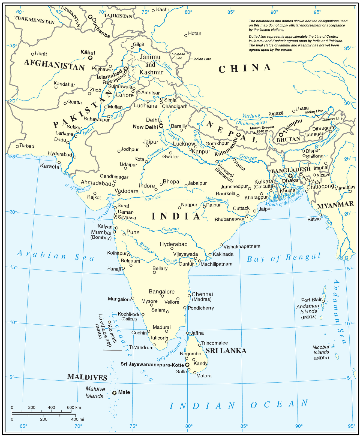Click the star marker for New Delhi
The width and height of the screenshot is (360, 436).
coord(161,126)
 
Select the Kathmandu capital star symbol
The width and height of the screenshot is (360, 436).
coord(238,135)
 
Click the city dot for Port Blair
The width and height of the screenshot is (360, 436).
coord(323,301)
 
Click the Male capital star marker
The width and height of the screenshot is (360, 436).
coord(114,393)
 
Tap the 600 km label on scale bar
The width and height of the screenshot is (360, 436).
coord(74,407)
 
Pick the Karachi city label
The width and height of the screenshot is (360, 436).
coord(50,166)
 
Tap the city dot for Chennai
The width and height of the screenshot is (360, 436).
coord(189,296)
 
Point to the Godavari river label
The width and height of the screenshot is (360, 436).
coord(170,229)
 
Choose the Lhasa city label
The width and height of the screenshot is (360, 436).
coord(302,108)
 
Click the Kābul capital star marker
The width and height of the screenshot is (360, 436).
coord(90,57)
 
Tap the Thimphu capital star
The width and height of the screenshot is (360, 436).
coord(281,135)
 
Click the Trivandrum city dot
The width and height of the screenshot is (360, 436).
coord(154,345)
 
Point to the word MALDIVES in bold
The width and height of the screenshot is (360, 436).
coord(87,377)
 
